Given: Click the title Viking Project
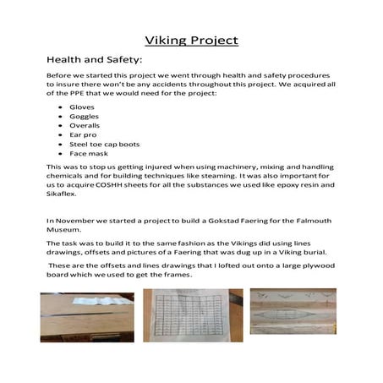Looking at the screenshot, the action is (x=191, y=40).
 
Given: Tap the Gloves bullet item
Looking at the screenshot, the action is (x=82, y=109).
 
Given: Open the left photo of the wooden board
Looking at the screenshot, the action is (x=86, y=315).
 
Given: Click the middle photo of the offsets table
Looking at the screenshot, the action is (x=192, y=315).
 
